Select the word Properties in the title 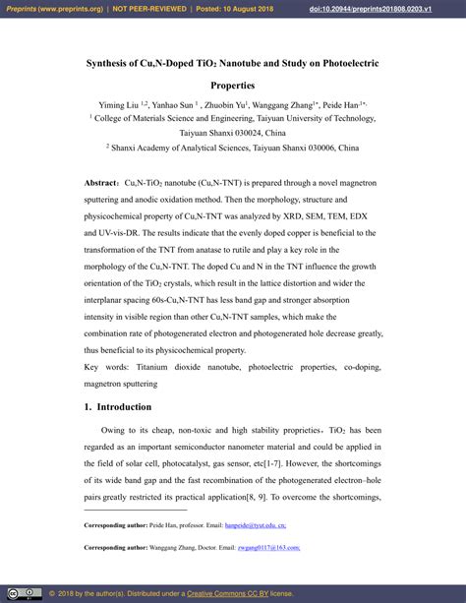click(x=233, y=86)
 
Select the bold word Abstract click(x=101, y=184)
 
